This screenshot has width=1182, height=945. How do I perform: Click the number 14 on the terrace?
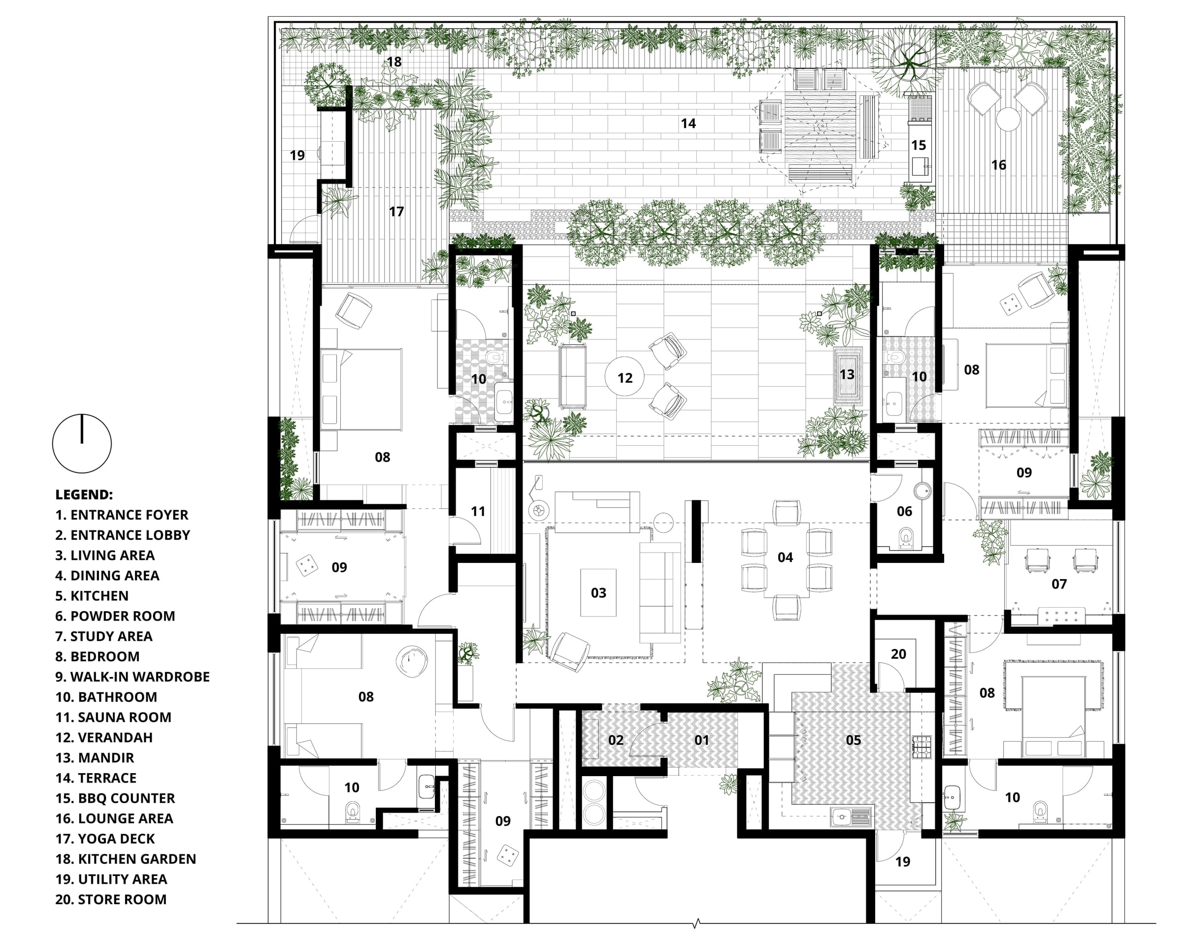coord(688,123)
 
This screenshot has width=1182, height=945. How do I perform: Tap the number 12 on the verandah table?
coord(624,378)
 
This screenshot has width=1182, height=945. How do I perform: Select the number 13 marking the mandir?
coord(847,374)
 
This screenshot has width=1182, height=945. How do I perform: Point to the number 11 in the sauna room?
coord(478,512)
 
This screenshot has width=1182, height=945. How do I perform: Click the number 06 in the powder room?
coord(904,512)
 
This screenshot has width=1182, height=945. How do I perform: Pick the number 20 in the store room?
coord(898,654)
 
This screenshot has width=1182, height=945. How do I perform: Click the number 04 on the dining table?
coord(785,557)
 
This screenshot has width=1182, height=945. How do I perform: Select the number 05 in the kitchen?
coord(853,740)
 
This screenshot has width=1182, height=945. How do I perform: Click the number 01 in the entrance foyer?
coord(701,740)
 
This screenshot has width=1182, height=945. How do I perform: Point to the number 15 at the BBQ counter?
coord(919,145)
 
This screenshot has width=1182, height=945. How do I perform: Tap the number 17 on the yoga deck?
coord(396,212)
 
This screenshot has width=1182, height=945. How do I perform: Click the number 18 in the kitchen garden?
coord(394,62)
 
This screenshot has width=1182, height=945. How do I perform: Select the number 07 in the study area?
coord(1059,585)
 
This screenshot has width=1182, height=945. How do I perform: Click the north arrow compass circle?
coord(82,444)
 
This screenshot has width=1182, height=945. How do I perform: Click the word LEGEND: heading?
coord(84,494)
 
